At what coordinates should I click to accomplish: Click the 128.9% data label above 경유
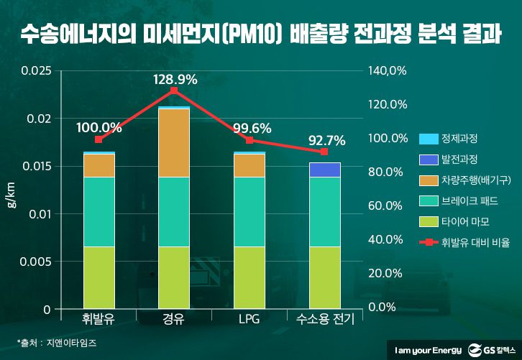pos(175,80)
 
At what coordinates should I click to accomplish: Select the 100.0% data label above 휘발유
pos(99,127)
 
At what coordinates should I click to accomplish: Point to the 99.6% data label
pos(251,129)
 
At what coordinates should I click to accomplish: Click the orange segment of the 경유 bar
pos(174,142)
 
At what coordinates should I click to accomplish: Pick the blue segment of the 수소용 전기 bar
pos(324,170)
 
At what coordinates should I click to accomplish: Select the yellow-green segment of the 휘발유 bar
pos(99,277)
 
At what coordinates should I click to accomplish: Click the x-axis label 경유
pos(174,319)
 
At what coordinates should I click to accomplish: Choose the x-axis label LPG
pos(249,319)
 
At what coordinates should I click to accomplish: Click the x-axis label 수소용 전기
pos(324,319)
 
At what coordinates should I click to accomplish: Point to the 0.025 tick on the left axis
pos(36,71)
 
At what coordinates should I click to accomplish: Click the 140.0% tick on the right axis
pos(389,71)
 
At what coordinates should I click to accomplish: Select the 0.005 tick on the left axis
pos(36,262)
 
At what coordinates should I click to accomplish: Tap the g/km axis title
pos(12,195)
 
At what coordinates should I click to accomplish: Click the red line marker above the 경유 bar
pos(174,91)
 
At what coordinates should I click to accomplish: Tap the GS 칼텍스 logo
pos(493,349)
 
